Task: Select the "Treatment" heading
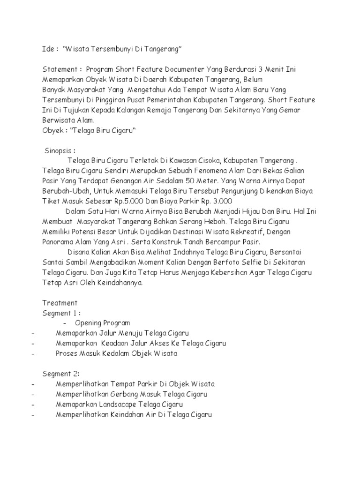(60, 303)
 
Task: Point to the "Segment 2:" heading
(61, 374)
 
